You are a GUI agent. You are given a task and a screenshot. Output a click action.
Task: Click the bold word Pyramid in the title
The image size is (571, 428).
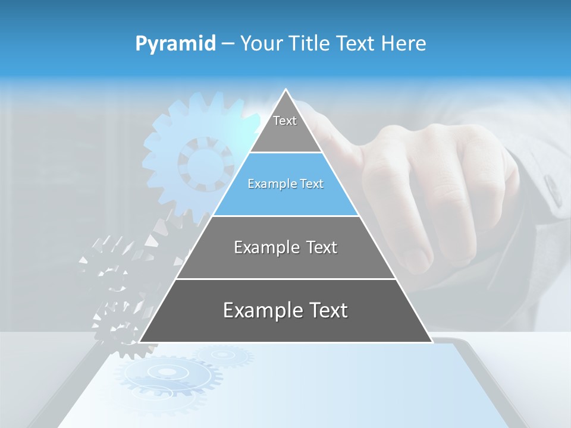pos(175,44)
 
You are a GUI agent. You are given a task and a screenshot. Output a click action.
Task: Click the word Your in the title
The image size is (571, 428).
pos(260,43)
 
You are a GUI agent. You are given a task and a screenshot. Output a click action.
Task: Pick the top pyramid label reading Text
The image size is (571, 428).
pos(285,121)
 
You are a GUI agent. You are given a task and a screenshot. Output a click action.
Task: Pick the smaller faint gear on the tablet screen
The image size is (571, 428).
pos(223,355)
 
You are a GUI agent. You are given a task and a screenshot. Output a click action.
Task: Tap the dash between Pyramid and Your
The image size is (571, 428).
pos(228,44)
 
